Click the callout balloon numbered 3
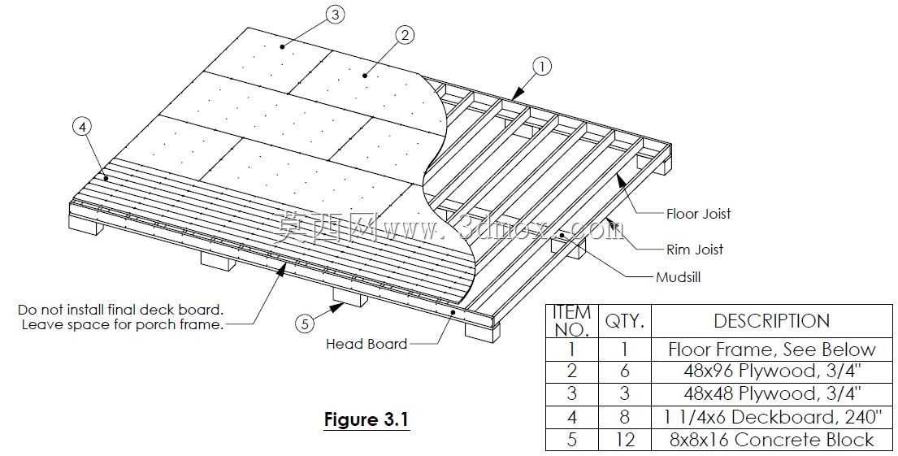(336, 15)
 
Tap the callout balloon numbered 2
(405, 36)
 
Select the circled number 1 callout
(542, 67)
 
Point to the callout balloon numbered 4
(83, 128)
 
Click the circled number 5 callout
(305, 324)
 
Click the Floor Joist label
(699, 215)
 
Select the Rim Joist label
(695, 250)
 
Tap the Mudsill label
(678, 278)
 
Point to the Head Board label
(367, 345)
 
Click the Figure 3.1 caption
(367, 420)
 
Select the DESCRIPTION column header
(771, 321)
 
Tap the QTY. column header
(625, 321)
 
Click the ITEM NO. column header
(572, 321)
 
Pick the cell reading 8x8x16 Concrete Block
(771, 440)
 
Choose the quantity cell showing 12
(625, 440)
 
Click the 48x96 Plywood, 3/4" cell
(771, 371)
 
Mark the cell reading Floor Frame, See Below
(771, 350)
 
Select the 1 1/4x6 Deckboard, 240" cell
(771, 417)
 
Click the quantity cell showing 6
(625, 371)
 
